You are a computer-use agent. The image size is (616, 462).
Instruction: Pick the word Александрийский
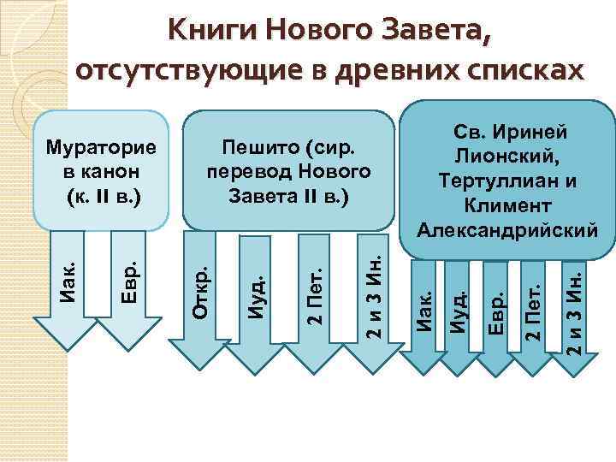pyautogui.click(x=506, y=229)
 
